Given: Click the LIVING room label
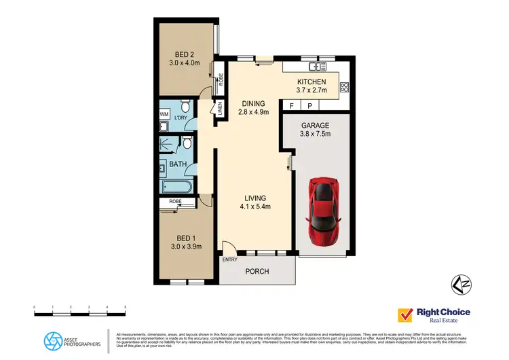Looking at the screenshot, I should [255, 198].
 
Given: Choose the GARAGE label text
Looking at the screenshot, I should [315, 125].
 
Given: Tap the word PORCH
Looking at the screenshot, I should [257, 272].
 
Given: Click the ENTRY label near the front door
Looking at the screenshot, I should [229, 259].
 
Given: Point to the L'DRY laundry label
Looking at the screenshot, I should [181, 119].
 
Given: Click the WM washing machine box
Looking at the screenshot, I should [164, 114].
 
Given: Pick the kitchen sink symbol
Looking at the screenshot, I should [316, 67].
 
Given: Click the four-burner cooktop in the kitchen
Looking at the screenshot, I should [344, 86].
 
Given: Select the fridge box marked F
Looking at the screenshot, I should [292, 106].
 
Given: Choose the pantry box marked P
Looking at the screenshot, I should [309, 106].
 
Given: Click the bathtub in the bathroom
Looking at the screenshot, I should [176, 186].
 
